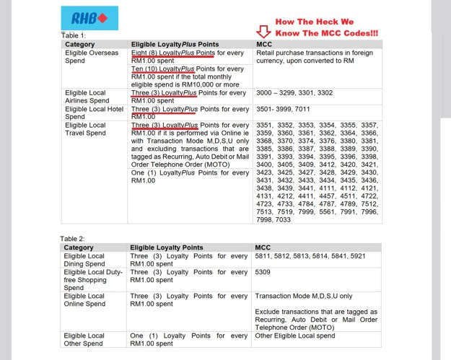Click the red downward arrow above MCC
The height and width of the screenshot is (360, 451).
click(x=263, y=32)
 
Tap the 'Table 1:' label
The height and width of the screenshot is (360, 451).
click(x=74, y=35)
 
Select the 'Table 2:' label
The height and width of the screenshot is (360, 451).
click(x=74, y=237)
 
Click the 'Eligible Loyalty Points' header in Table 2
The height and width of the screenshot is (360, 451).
click(x=167, y=247)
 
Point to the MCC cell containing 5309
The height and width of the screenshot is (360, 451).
click(x=264, y=274)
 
